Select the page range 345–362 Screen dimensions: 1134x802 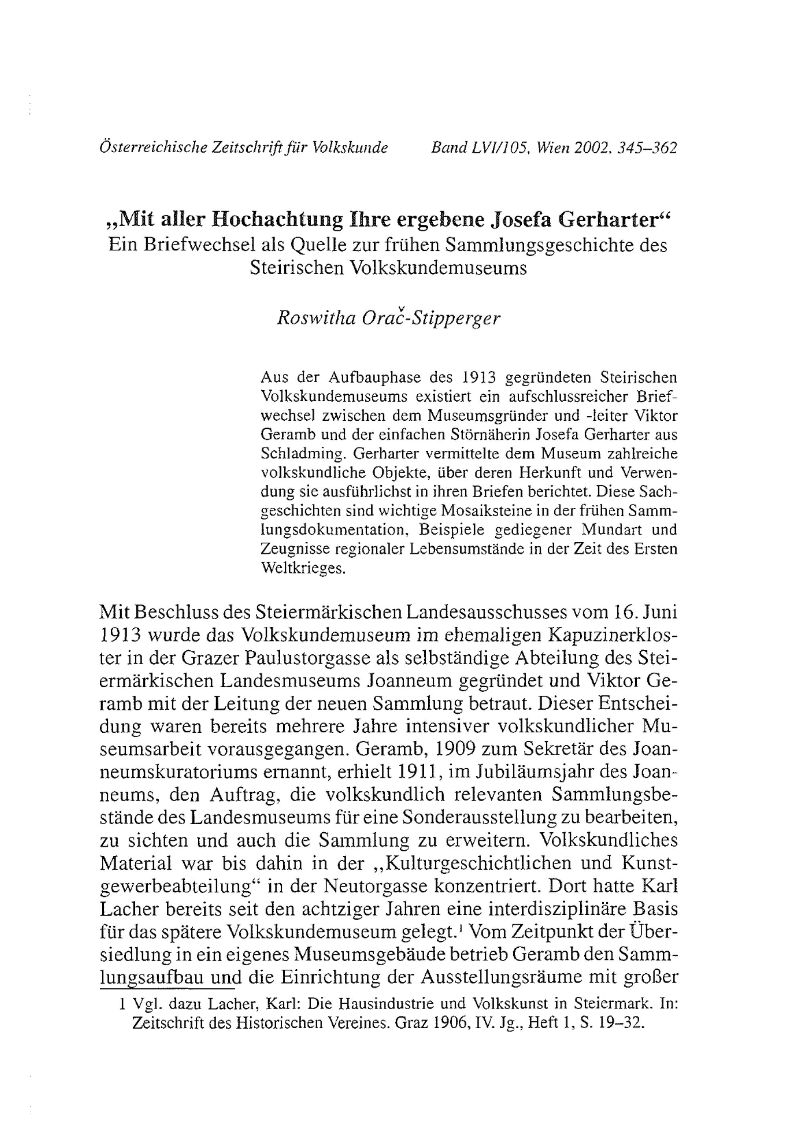(x=652, y=148)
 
